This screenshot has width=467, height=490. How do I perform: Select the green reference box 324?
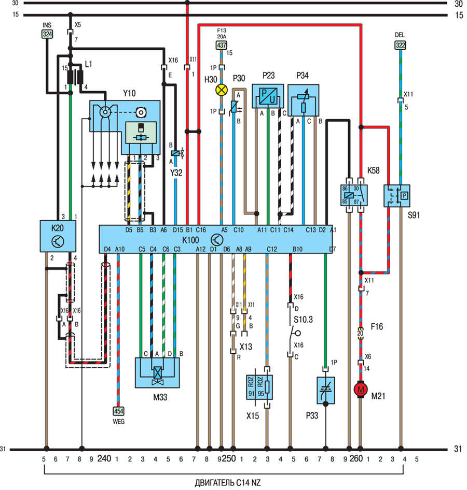(47, 35)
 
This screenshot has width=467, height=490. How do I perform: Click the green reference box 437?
(222, 46)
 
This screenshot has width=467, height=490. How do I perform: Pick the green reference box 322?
(400, 46)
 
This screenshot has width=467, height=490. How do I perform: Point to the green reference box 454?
(118, 411)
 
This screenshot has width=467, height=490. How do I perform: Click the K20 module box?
(57, 237)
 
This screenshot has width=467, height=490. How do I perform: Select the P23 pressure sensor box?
(267, 97)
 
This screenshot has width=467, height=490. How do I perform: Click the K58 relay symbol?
(354, 195)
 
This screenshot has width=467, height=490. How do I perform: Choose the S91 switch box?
(397, 196)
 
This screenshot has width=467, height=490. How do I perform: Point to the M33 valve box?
(156, 373)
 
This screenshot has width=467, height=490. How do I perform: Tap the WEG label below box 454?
(118, 421)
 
